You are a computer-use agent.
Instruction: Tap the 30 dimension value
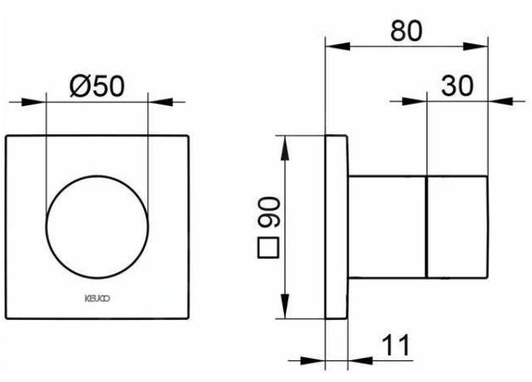pos(457,86)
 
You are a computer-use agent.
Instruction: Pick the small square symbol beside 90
pos(269,250)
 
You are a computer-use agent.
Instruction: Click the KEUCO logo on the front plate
pos(97,297)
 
